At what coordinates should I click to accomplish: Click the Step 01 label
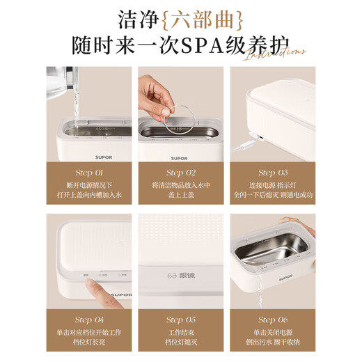coord(88,172)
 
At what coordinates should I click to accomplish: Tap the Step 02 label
coord(180,172)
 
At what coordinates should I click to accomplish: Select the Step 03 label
coord(272,172)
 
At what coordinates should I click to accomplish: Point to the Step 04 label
coord(88,320)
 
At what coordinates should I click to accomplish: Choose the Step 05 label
coord(180,320)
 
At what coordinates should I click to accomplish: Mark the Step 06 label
coord(272,320)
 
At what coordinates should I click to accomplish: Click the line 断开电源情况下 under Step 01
coord(88,186)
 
